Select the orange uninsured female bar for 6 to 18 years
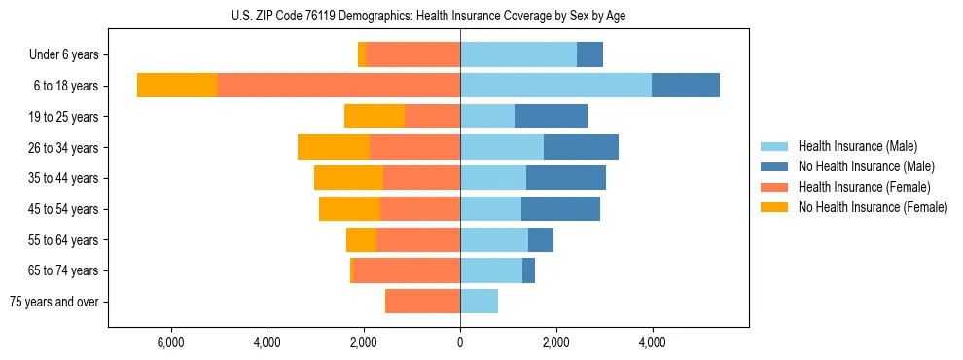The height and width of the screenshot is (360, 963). (177, 86)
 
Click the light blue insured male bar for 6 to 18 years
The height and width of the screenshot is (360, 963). (555, 86)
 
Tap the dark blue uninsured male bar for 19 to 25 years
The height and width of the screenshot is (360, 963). (551, 117)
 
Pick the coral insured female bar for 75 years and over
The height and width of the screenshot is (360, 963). (422, 302)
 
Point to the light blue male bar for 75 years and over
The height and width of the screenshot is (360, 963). (479, 302)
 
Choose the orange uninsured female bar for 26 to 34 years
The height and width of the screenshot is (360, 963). (334, 147)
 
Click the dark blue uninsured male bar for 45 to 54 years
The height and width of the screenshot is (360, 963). (560, 209)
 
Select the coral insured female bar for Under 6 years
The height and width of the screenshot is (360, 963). (413, 55)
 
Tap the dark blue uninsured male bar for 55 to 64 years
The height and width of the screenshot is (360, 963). (541, 239)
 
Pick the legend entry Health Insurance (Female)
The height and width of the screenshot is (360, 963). (864, 187)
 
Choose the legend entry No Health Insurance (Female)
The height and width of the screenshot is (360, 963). (873, 207)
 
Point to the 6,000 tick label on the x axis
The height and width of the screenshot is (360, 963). (171, 342)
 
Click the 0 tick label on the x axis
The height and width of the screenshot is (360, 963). (460, 342)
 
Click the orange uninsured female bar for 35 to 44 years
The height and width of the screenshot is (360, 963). (348, 178)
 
